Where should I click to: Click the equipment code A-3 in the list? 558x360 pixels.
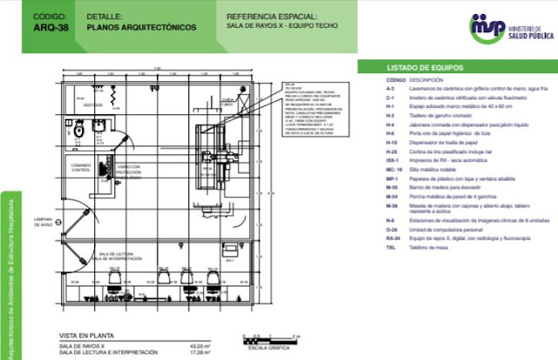(391, 88)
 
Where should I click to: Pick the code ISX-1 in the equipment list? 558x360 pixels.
(392, 158)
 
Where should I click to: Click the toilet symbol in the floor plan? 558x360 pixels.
(79, 130)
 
